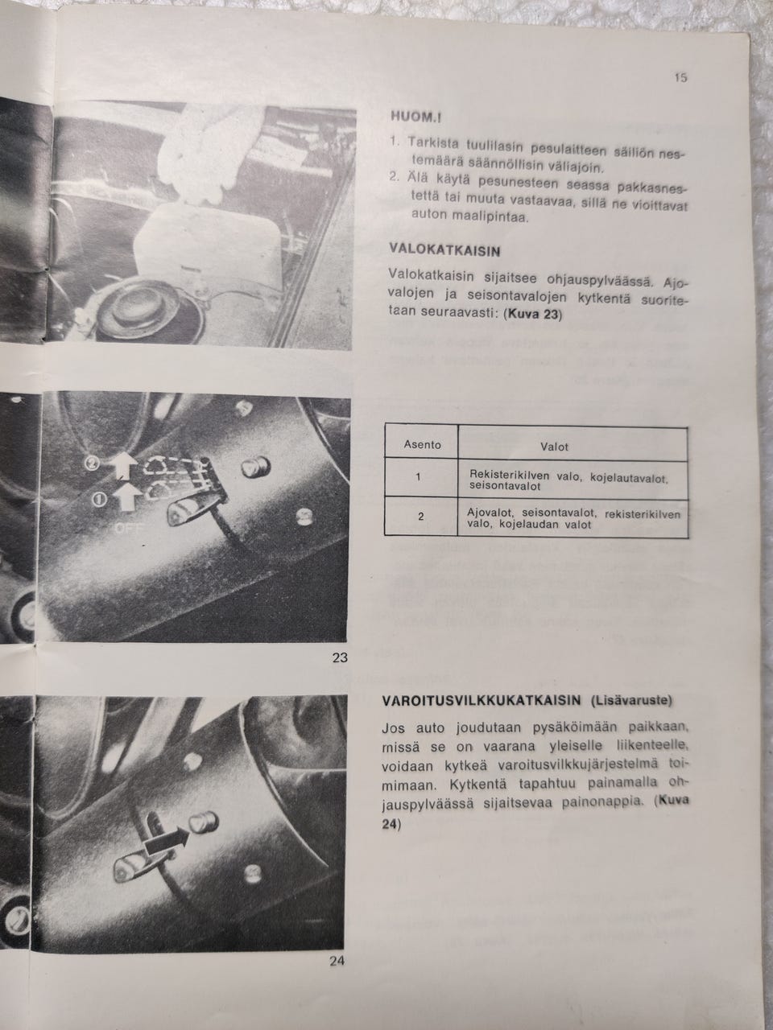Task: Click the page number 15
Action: click(681, 77)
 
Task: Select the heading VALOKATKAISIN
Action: click(444, 250)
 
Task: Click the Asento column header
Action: click(422, 445)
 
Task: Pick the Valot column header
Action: click(554, 447)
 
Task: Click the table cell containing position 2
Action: click(420, 517)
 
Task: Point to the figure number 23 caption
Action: click(339, 657)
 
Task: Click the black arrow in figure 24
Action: click(167, 843)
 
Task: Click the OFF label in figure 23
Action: click(130, 529)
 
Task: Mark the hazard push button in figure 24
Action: click(203, 823)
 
